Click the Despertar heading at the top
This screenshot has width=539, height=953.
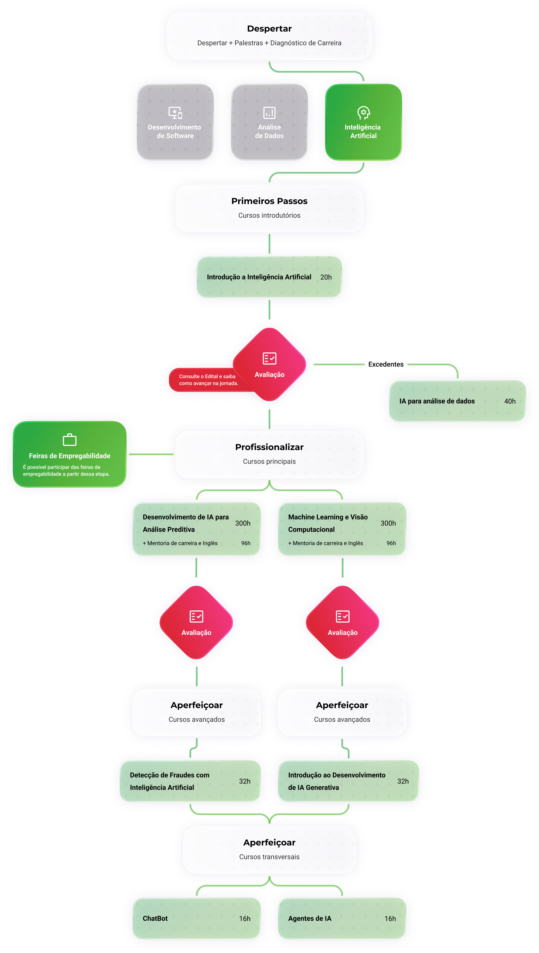click(x=269, y=28)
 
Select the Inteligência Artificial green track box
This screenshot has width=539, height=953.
click(x=363, y=122)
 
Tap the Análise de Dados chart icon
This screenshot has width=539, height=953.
click(x=269, y=113)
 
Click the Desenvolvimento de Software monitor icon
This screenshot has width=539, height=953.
click(x=175, y=113)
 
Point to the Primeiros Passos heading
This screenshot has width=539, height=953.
click(x=269, y=201)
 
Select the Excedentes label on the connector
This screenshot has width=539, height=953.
click(x=386, y=364)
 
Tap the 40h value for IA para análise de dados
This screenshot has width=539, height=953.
click(x=509, y=401)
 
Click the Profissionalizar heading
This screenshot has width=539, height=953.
click(x=269, y=447)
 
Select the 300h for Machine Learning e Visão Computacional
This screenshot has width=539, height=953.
click(x=388, y=523)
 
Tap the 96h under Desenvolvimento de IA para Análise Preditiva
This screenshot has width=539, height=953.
click(x=246, y=543)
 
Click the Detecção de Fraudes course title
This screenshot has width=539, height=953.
click(x=170, y=781)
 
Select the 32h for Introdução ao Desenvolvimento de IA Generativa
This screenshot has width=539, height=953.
click(x=403, y=781)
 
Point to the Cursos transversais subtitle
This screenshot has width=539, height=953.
click(x=269, y=857)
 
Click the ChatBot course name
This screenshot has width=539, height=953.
click(x=155, y=919)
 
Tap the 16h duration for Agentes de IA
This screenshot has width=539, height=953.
click(x=390, y=919)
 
